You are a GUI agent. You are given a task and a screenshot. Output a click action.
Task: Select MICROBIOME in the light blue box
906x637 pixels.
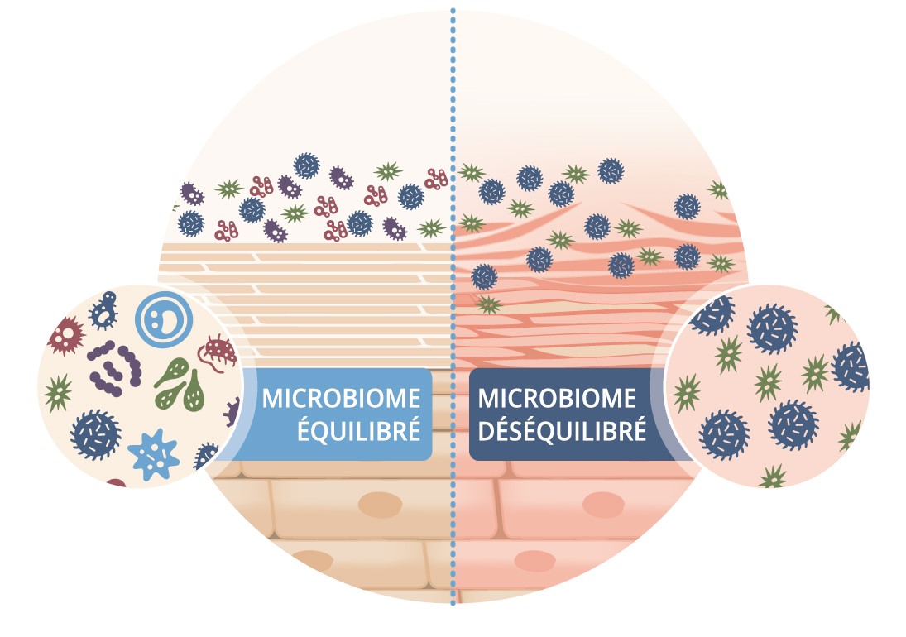point(341,398)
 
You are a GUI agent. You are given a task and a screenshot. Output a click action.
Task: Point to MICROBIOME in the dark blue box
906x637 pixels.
point(557,398)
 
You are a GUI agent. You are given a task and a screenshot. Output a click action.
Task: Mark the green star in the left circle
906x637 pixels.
point(59,389)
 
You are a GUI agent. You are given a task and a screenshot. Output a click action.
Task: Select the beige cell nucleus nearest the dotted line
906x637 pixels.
point(380,503)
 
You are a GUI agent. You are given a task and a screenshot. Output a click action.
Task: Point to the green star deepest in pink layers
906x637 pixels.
point(488,304)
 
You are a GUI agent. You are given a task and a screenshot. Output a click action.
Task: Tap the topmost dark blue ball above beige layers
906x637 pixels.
point(307,165)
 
